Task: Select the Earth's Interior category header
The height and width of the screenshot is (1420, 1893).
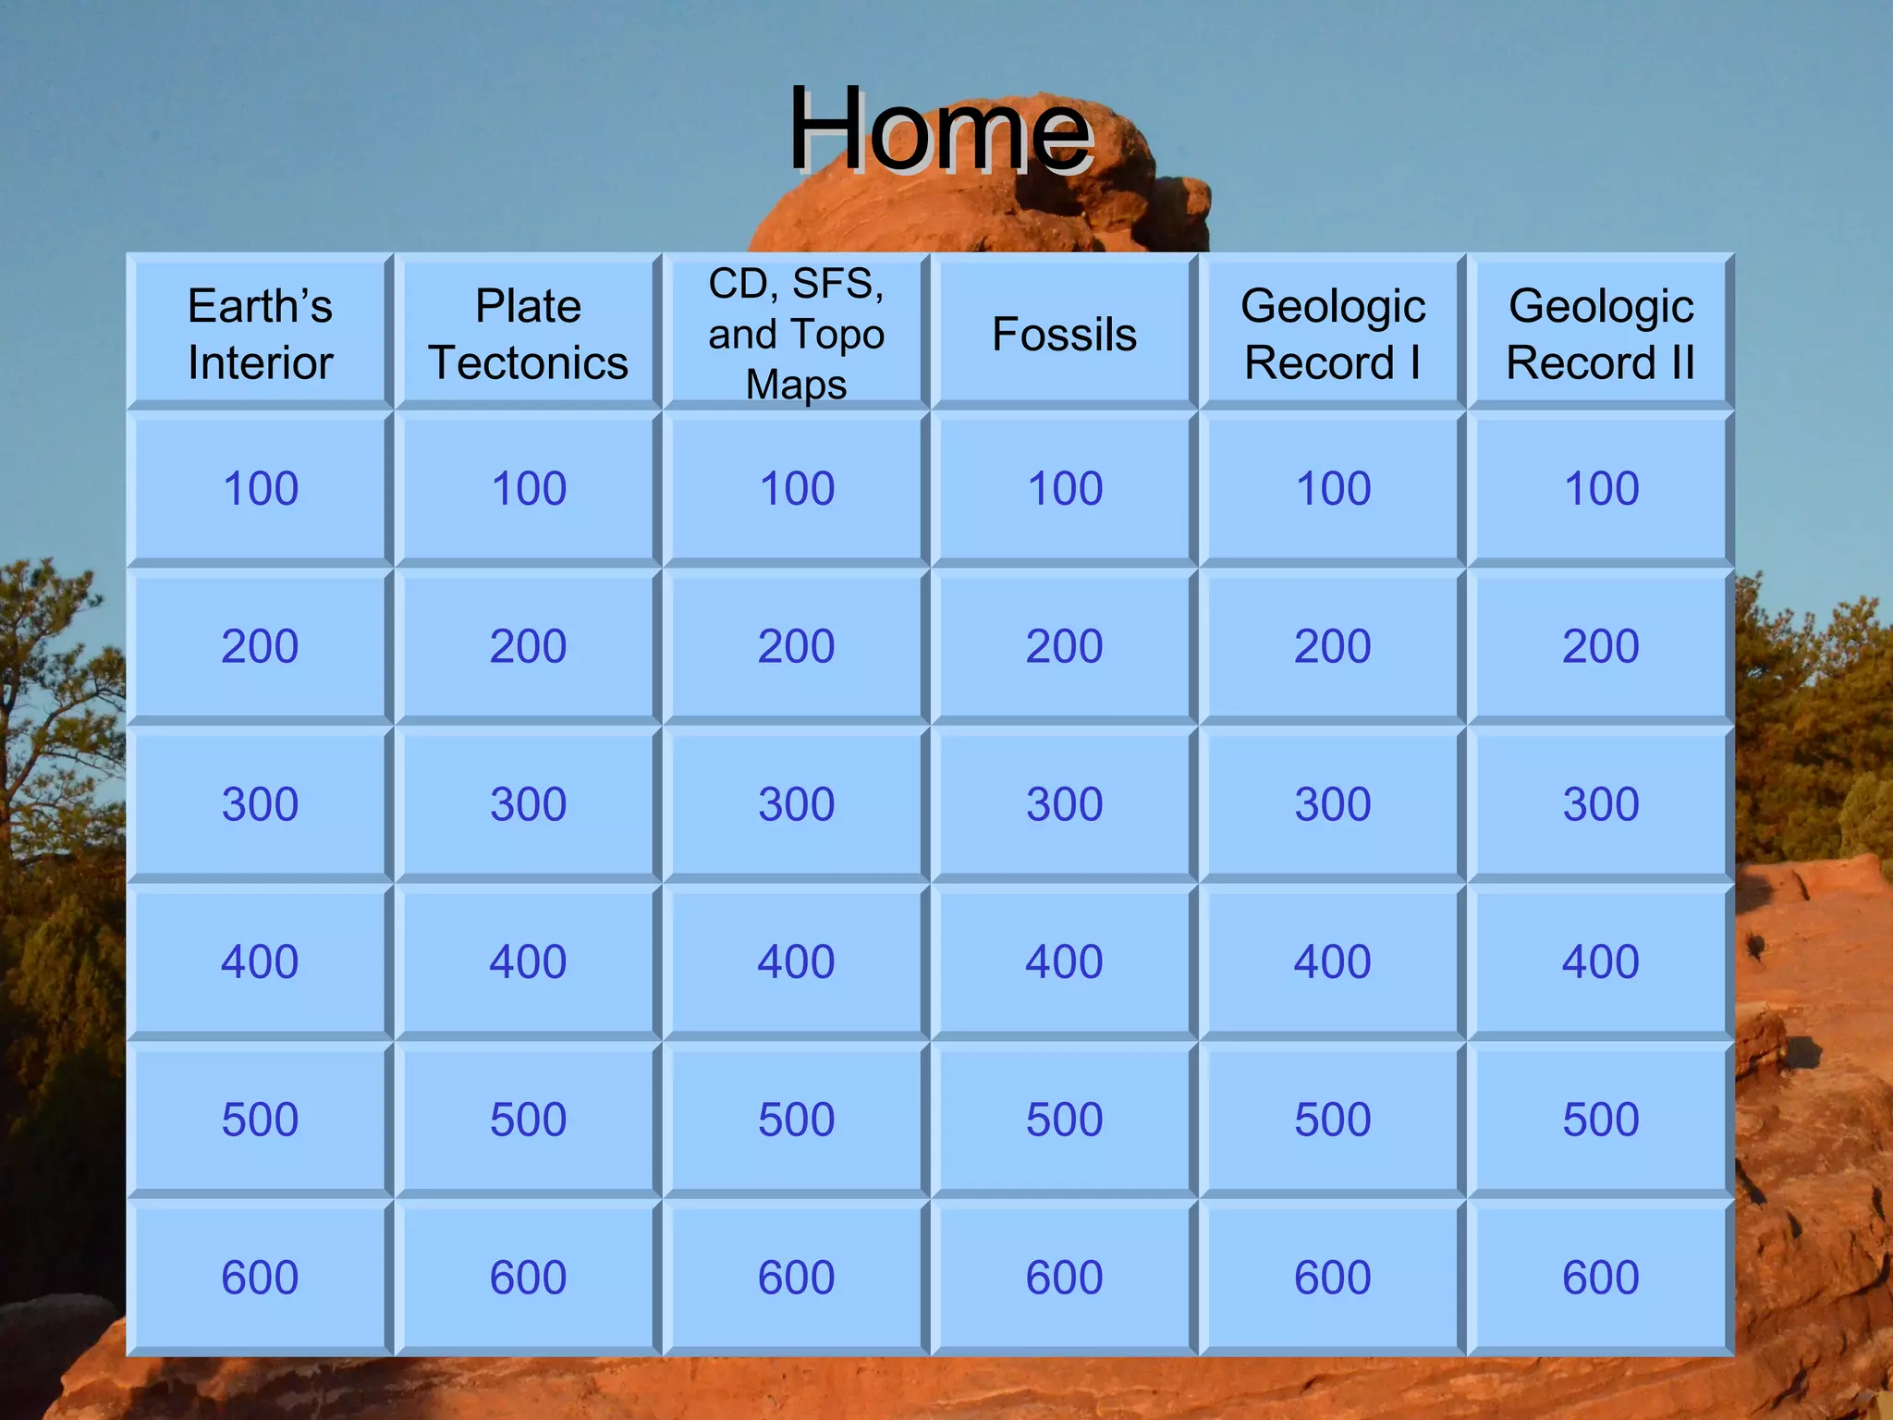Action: point(260,334)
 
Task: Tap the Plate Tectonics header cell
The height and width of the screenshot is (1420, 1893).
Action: point(528,334)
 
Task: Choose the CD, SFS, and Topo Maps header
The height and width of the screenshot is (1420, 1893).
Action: point(796,334)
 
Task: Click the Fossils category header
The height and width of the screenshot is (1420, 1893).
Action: point(1064,334)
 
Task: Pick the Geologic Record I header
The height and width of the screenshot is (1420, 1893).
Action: point(1332,334)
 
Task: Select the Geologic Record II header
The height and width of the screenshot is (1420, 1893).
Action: point(1600,334)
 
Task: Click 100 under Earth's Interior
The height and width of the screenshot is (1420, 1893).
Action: point(260,488)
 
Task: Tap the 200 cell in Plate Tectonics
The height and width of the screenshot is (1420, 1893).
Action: point(528,645)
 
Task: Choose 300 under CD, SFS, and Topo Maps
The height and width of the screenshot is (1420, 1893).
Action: point(796,803)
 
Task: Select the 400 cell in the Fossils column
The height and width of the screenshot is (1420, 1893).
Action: point(1064,961)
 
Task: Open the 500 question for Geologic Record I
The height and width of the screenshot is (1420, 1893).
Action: point(1332,1120)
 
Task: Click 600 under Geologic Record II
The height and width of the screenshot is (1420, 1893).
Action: point(1600,1278)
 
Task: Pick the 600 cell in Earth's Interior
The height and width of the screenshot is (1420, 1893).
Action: point(260,1278)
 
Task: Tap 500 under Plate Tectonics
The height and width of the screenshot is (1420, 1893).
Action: point(528,1120)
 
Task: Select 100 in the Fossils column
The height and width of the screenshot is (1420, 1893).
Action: point(1064,488)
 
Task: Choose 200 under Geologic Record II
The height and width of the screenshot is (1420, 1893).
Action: point(1600,645)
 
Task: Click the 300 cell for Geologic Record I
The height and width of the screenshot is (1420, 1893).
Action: point(1332,803)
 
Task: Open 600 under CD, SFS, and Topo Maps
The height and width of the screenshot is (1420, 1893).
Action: point(796,1278)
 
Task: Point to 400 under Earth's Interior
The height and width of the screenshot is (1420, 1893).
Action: point(260,961)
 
